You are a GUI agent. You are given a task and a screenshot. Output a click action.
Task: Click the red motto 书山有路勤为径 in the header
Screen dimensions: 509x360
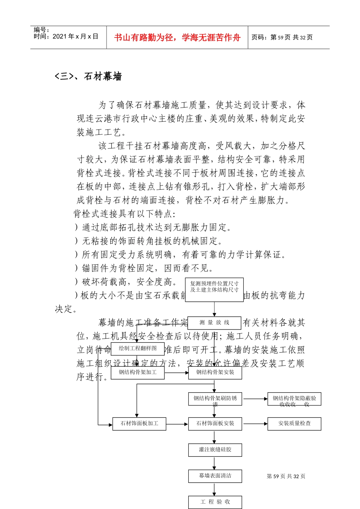[177, 37]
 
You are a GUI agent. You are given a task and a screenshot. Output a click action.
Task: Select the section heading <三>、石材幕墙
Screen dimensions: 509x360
[88, 77]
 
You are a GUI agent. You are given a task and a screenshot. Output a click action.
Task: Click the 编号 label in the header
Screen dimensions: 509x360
[41, 30]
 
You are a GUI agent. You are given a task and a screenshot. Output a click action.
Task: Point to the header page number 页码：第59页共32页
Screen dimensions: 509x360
[282, 37]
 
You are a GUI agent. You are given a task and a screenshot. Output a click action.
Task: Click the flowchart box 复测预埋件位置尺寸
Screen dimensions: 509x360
[214, 289]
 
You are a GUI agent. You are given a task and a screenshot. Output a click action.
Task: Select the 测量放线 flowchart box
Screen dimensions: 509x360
[214, 323]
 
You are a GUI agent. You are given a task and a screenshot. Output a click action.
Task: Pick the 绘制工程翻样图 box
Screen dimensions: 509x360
[138, 348]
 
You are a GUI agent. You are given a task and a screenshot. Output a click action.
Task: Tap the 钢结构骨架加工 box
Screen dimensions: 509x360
[138, 372]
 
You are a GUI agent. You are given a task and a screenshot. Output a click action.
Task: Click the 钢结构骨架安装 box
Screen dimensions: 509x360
[215, 372]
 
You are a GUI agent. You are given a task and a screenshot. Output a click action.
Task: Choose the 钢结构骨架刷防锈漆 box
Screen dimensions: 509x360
[215, 399]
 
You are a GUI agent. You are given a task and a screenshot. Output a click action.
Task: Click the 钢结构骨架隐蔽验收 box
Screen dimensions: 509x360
[294, 399]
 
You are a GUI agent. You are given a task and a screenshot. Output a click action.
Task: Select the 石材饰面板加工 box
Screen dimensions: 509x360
[139, 423]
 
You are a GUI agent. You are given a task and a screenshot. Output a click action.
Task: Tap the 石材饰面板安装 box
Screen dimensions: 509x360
[215, 423]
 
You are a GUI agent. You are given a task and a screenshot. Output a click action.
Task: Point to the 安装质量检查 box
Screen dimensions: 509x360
[294, 423]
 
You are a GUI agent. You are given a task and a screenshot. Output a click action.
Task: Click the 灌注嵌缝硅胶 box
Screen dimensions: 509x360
[215, 450]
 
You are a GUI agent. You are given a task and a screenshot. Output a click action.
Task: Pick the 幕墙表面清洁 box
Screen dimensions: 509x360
[215, 476]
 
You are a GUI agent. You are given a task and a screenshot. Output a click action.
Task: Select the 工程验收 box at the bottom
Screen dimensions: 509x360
[215, 502]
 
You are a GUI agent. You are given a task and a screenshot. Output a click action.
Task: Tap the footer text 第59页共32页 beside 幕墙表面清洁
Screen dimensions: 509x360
[286, 476]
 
